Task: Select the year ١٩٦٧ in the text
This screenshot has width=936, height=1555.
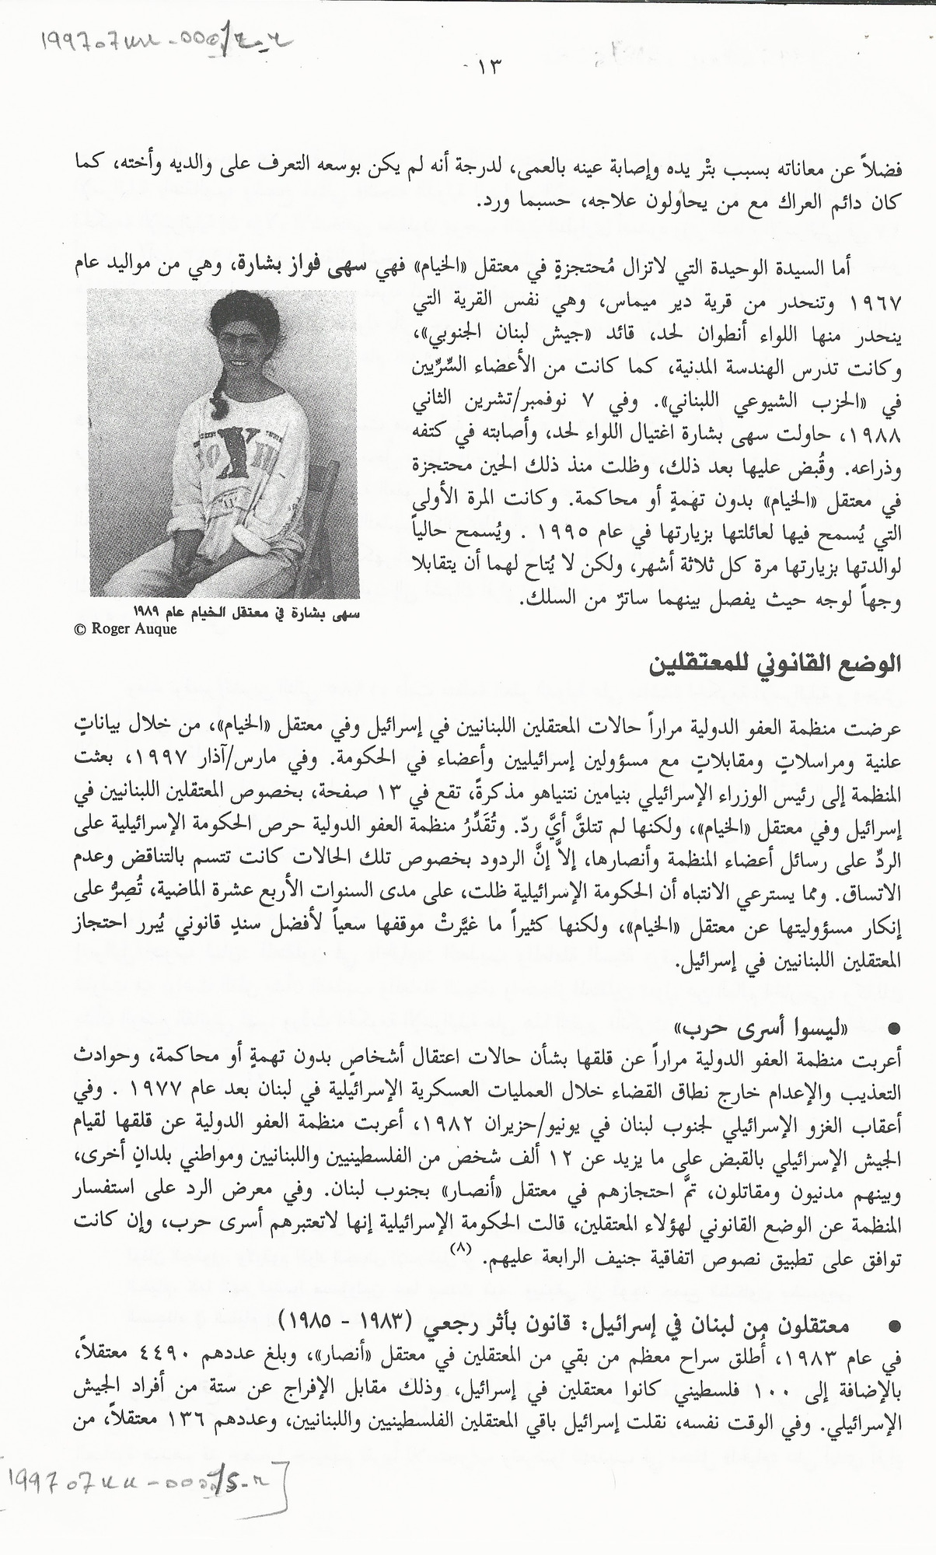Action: coord(877,301)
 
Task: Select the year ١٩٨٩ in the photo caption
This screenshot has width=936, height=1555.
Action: coord(148,610)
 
